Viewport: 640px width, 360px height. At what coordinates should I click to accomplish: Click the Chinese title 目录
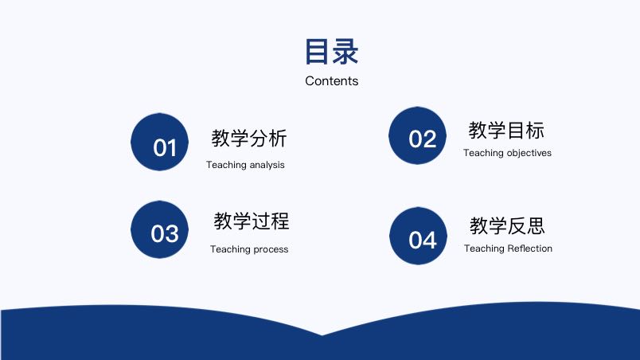pos(331,52)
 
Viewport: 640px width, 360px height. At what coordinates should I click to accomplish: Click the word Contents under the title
pos(331,80)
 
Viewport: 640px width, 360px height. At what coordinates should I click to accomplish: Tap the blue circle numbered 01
pos(159,142)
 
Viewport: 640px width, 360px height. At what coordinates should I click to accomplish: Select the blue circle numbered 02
pos(417,136)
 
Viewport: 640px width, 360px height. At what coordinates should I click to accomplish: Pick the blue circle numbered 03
pos(159,229)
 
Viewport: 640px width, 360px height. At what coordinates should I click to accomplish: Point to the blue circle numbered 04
pos(418,236)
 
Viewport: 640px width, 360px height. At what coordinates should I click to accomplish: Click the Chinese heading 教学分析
pos(249,138)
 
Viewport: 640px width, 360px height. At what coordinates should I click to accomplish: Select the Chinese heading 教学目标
pos(506,130)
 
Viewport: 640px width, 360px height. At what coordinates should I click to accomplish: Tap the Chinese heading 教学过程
pos(252,221)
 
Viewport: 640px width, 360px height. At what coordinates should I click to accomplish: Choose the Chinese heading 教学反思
pos(507,225)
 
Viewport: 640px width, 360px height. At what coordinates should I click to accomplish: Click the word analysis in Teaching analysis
pos(267,165)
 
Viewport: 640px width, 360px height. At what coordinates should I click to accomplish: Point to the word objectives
pos(529,153)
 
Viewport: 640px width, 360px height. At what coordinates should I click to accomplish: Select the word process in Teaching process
pos(271,249)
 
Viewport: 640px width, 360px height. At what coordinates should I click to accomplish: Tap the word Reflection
pos(530,248)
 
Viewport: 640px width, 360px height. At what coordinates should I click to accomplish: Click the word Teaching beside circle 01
pos(226,165)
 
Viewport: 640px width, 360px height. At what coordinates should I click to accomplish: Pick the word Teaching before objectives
pos(483,153)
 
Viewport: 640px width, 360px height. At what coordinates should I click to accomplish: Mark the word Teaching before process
pos(230,249)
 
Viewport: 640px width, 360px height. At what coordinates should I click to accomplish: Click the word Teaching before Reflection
pos(484,248)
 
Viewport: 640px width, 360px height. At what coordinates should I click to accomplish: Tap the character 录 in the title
pos(345,52)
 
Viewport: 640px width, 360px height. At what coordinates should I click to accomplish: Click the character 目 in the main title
pos(317,52)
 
